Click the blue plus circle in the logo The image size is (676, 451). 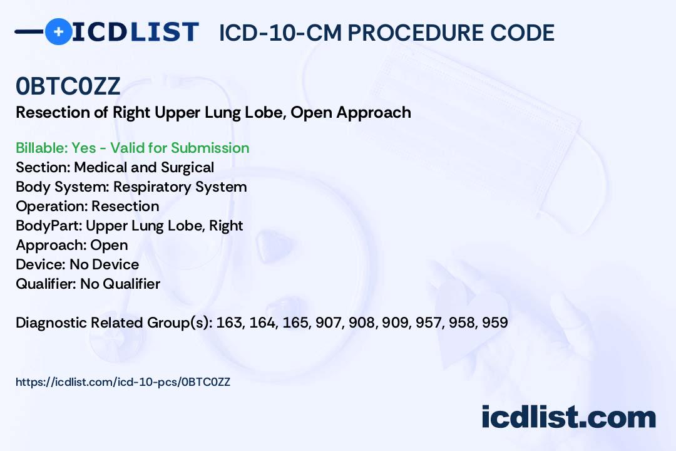pyautogui.click(x=58, y=31)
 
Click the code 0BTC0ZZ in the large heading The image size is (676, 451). pyautogui.click(x=68, y=86)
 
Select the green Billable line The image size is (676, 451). pyautogui.click(x=132, y=148)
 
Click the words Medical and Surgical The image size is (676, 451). pyautogui.click(x=144, y=167)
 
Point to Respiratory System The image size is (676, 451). pyautogui.click(x=180, y=187)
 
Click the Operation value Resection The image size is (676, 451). pyautogui.click(x=125, y=206)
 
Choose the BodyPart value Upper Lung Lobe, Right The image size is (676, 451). pyautogui.click(x=164, y=225)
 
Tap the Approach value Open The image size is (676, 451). pyautogui.click(x=109, y=245)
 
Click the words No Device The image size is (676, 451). pyautogui.click(x=105, y=264)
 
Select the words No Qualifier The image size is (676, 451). pyautogui.click(x=120, y=284)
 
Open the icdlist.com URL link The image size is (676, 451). pyautogui.click(x=123, y=382)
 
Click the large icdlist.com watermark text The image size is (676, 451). pyautogui.click(x=568, y=417)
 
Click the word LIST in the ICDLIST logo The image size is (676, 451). pyautogui.click(x=164, y=32)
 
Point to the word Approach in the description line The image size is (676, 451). pyautogui.click(x=373, y=113)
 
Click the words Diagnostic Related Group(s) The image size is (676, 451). pyautogui.click(x=114, y=323)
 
